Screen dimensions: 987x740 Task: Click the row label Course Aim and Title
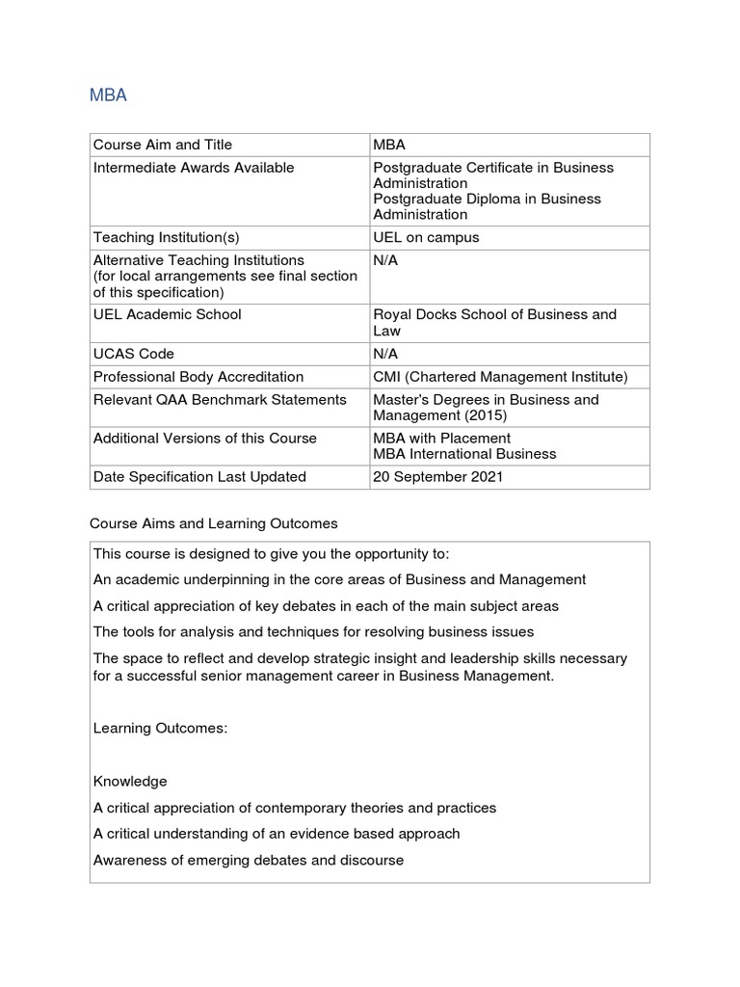tap(163, 145)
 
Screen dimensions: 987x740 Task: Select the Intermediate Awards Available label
tap(194, 168)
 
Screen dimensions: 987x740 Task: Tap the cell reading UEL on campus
tap(426, 237)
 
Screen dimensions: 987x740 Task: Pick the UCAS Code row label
tap(134, 354)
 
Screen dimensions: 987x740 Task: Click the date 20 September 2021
tap(438, 476)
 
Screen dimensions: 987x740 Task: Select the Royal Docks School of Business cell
tap(494, 322)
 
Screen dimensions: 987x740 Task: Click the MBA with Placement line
tap(442, 439)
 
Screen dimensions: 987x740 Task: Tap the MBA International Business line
tap(464, 454)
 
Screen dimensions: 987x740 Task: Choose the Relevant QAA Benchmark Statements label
tap(220, 400)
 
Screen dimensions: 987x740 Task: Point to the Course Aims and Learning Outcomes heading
tap(214, 524)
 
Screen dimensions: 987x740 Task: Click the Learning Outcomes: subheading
tap(161, 729)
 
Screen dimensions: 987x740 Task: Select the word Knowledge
tap(130, 782)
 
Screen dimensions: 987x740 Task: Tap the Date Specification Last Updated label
tap(199, 476)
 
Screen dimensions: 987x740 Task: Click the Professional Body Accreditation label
tap(198, 377)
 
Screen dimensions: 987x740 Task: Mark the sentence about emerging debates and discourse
tap(249, 860)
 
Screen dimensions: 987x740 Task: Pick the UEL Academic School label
tap(168, 314)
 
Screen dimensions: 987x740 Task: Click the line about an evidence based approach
tap(277, 834)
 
